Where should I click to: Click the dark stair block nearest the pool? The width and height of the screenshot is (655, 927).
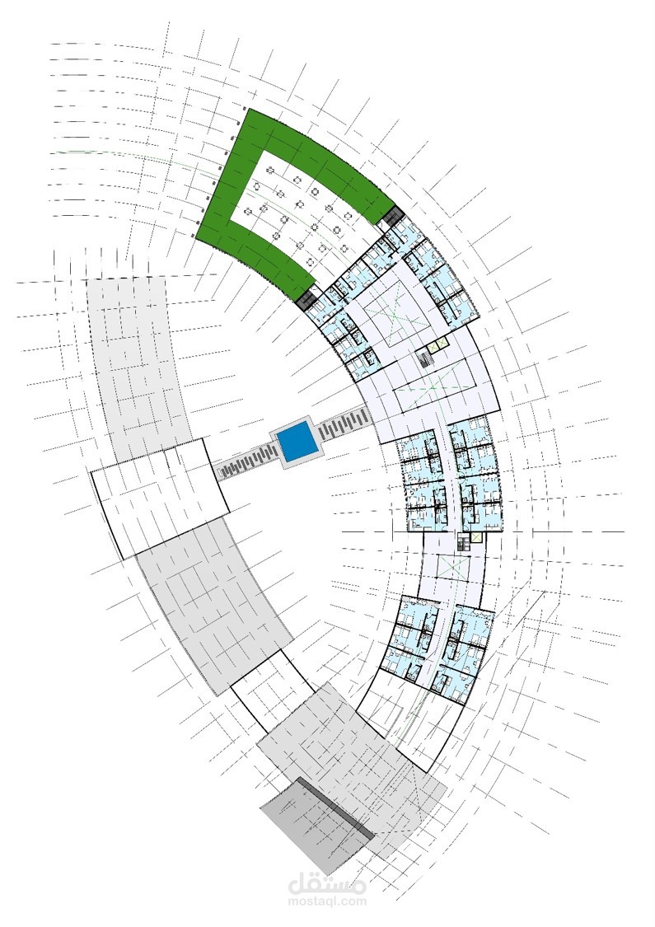(x=306, y=297)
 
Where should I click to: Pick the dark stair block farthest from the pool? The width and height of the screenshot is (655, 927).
(x=391, y=216)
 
